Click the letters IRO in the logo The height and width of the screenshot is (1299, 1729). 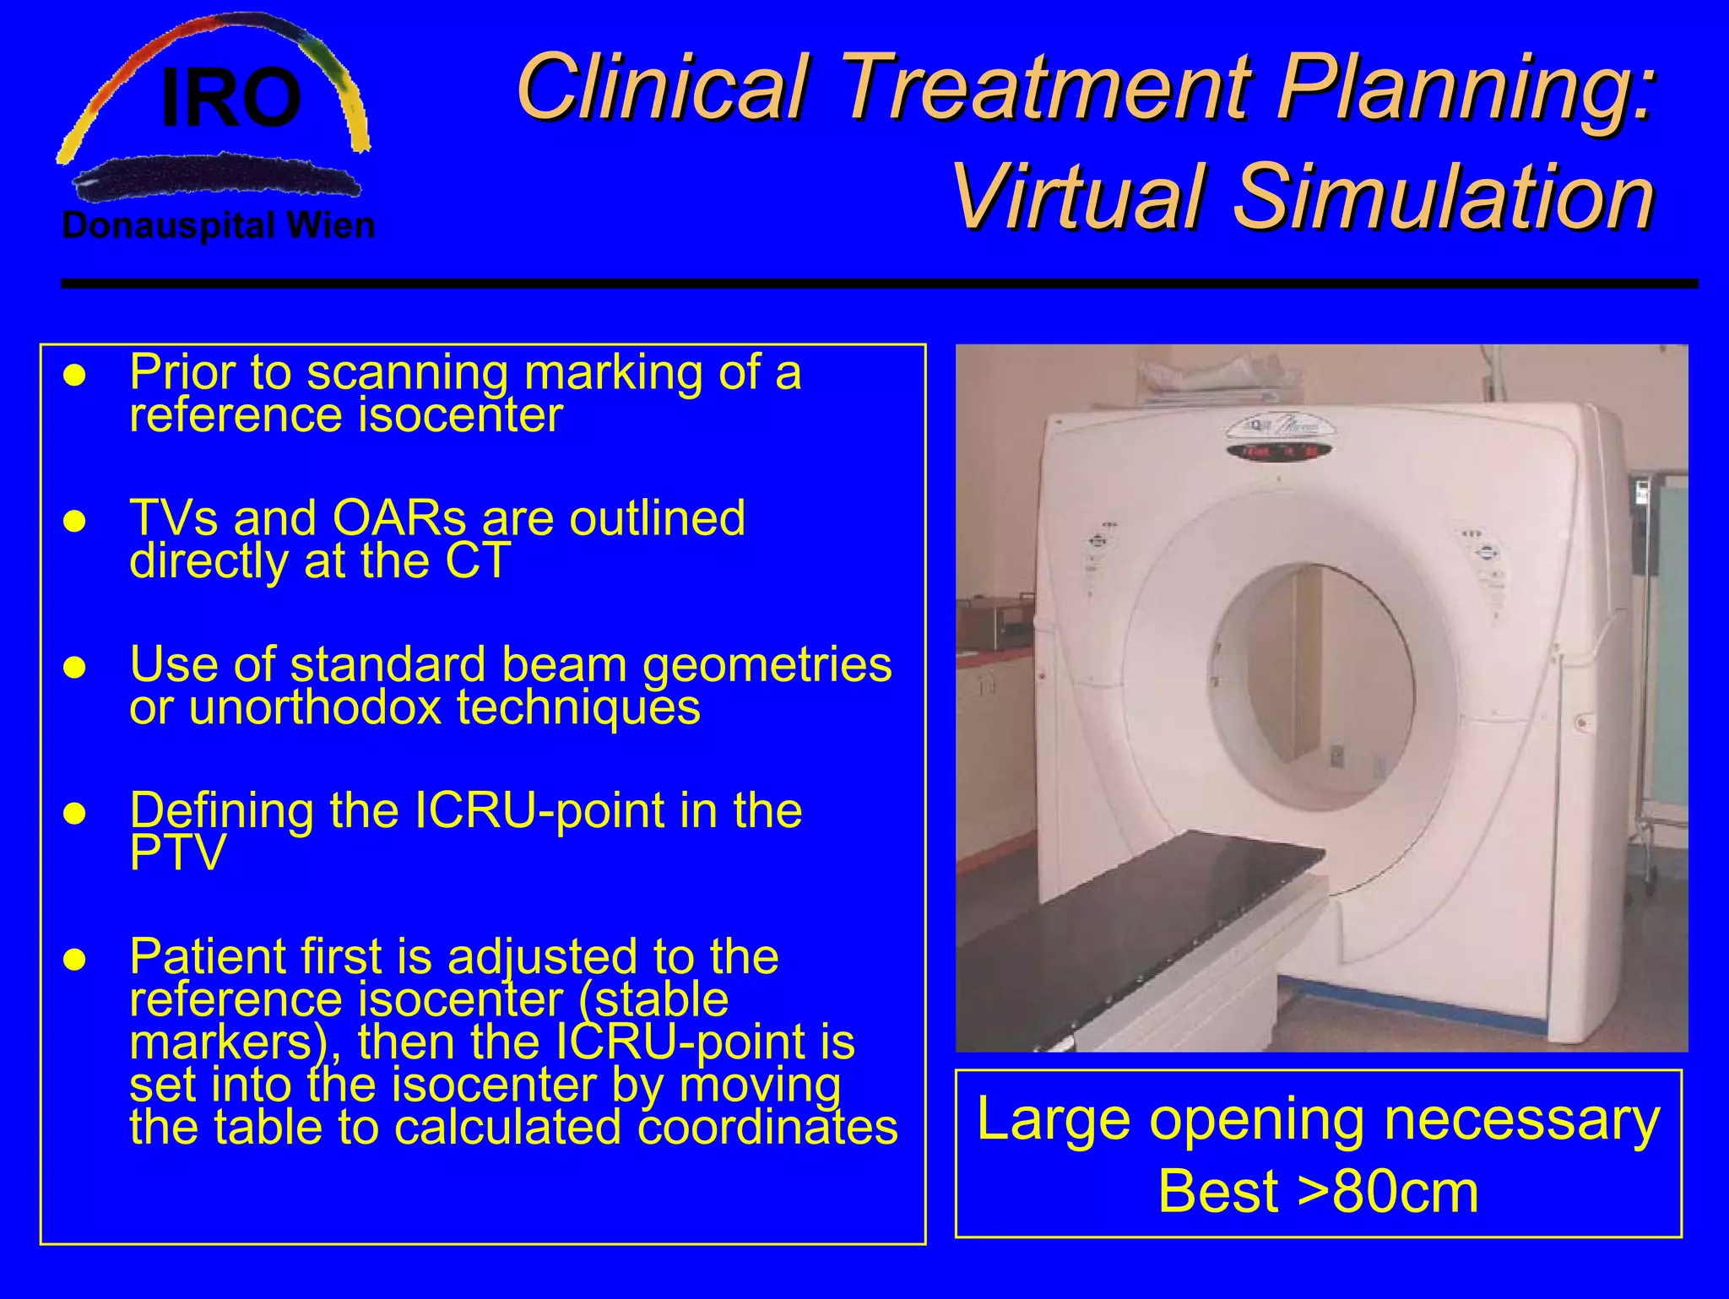[230, 99]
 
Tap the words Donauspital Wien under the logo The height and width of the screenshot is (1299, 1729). [218, 226]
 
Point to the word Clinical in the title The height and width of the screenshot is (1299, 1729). [663, 87]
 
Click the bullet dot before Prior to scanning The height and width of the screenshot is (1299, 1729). [75, 375]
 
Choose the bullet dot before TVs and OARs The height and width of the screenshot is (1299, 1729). [75, 521]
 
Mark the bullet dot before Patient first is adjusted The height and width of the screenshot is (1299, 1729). [75, 960]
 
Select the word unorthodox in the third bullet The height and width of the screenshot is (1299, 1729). [315, 707]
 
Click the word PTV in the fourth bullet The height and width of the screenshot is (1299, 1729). [177, 853]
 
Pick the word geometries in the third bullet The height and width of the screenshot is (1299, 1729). [767, 665]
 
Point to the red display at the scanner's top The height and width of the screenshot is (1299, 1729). [1278, 452]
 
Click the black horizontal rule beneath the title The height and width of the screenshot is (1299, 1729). [878, 284]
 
